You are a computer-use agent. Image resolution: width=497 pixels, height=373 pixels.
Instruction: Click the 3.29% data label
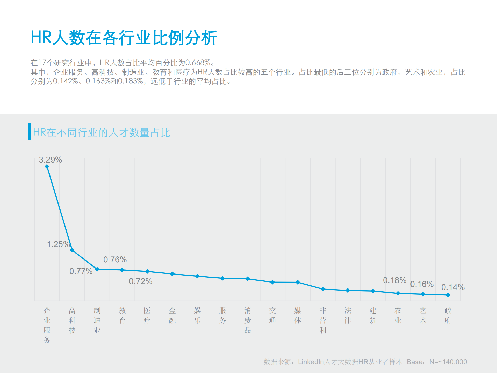tap(50, 160)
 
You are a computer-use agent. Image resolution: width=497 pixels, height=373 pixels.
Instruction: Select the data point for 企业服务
tap(47, 167)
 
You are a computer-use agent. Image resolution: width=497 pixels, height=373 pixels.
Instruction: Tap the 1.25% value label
tap(58, 244)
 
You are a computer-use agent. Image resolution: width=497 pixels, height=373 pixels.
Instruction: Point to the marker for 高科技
tap(72, 250)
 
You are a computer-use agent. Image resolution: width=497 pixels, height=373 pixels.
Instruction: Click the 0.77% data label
tap(81, 271)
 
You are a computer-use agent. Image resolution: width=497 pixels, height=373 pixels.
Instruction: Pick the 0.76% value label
tap(115, 259)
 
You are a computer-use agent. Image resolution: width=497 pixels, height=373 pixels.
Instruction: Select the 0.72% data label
tap(141, 281)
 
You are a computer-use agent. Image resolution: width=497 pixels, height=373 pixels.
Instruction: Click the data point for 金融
tap(172, 274)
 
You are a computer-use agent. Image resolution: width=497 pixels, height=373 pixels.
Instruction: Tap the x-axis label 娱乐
tap(197, 315)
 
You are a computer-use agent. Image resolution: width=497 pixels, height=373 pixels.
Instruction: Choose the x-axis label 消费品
tap(248, 320)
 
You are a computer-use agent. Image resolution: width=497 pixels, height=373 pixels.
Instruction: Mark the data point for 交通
tap(272, 282)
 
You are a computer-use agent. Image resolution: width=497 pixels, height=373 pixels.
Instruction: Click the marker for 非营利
tap(323, 289)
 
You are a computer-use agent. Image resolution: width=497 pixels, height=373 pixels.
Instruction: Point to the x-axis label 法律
tap(348, 315)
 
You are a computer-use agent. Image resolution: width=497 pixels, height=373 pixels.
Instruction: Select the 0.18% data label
tap(394, 280)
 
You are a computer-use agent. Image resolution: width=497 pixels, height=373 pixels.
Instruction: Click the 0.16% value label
tap(422, 284)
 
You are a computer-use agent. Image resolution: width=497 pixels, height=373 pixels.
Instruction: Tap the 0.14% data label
tap(453, 287)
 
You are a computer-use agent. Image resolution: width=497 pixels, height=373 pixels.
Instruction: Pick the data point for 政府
tap(448, 295)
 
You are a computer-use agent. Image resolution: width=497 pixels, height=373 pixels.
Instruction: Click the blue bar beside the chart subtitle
tap(29, 132)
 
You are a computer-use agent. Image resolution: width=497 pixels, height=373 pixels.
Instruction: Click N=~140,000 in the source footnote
tap(448, 362)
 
